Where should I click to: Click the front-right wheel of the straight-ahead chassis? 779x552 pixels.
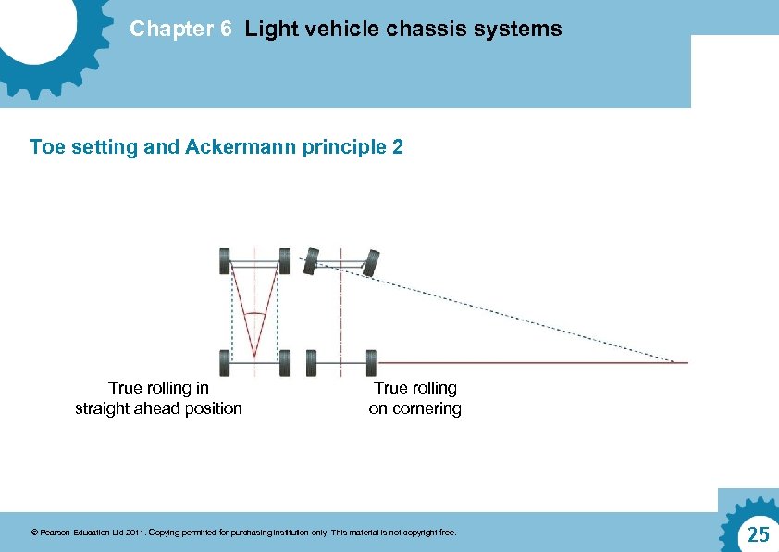point(284,260)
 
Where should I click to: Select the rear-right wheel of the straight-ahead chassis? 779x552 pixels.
point(284,362)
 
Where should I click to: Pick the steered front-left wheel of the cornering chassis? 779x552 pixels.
point(312,261)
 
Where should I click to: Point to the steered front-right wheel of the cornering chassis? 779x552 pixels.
point(371,263)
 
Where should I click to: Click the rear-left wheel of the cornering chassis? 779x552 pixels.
point(312,362)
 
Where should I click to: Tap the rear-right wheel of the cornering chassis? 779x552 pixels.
point(371,362)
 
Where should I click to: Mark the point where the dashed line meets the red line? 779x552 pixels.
point(673,362)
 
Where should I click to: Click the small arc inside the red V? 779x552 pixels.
point(254,314)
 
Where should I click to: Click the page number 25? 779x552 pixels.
point(758,534)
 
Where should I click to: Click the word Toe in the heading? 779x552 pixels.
point(45,146)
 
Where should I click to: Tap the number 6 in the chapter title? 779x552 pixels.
point(226,29)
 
